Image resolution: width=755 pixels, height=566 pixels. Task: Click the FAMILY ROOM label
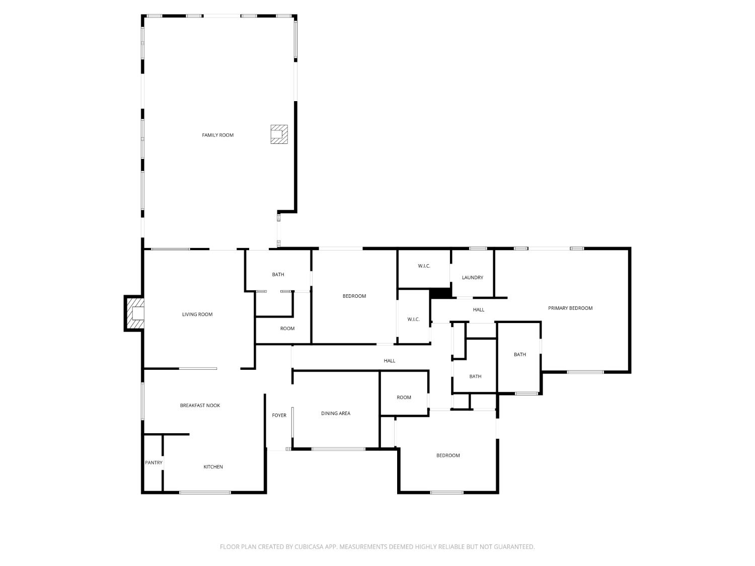point(217,135)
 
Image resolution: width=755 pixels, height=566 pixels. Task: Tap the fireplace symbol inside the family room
point(279,134)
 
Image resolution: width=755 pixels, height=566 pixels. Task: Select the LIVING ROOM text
point(197,314)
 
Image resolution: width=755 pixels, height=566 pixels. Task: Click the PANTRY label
point(154,462)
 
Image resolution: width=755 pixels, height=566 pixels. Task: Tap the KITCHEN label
point(213,467)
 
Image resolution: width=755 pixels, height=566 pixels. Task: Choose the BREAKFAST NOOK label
point(200,405)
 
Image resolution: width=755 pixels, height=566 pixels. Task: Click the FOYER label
point(279,415)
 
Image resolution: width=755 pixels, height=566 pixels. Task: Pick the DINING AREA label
point(335,413)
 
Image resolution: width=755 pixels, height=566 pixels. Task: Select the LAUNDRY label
point(472,277)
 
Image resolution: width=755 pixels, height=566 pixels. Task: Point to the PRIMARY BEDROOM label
point(570,308)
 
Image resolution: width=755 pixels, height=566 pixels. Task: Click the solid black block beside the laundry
point(440,293)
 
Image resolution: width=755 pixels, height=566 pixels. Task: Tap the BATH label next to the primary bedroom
point(519,354)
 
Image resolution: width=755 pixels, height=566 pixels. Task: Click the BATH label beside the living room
point(278,274)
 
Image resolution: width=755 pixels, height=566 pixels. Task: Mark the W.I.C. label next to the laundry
point(424,266)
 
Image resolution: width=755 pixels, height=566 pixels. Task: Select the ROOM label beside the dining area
point(404,397)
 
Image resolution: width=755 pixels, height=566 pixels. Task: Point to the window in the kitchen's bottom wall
point(205,493)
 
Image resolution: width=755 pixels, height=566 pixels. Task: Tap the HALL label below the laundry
point(478,309)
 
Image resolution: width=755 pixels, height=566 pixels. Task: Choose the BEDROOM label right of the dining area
point(448,455)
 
